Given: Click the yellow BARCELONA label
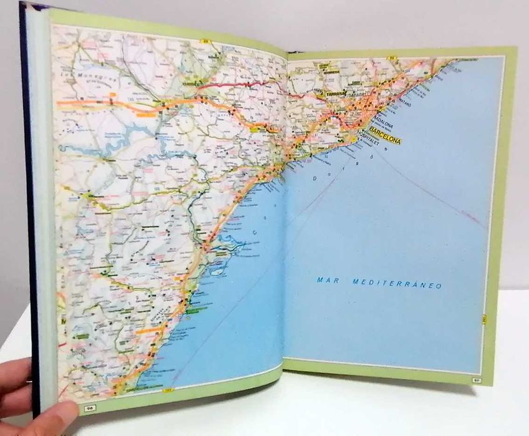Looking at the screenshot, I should pos(385,135).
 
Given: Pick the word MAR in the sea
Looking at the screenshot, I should pos(328,281).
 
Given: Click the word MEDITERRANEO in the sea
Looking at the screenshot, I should pos(397,284).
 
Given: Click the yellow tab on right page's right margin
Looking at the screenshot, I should pos(484,321).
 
